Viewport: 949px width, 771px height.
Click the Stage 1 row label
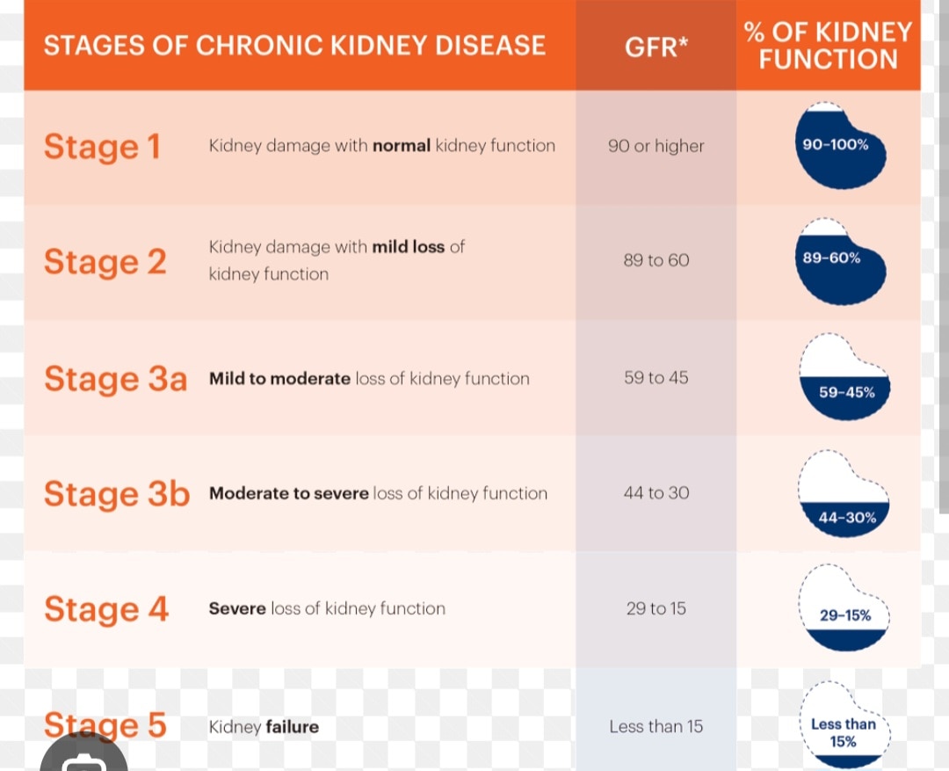click(x=102, y=147)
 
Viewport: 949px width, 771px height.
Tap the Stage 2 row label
click(x=105, y=262)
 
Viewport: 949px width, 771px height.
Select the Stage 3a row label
click(x=115, y=379)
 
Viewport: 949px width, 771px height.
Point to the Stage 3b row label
click(x=116, y=494)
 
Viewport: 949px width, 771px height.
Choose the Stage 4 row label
click(x=105, y=609)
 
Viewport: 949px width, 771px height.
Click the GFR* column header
click(x=656, y=47)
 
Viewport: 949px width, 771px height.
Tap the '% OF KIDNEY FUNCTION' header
click(x=828, y=46)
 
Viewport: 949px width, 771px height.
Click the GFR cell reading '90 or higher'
click(x=656, y=146)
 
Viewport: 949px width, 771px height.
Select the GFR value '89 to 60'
click(x=656, y=260)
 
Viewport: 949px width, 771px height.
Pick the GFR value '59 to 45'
click(x=656, y=378)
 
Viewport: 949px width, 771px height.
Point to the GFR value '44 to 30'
click(x=656, y=493)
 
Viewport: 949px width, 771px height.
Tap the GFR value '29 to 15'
click(x=656, y=608)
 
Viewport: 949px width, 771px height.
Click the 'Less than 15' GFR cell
click(x=656, y=726)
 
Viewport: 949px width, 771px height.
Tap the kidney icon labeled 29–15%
click(x=844, y=609)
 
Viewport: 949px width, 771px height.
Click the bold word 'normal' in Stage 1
click(x=402, y=146)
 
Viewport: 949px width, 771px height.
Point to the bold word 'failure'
click(x=292, y=727)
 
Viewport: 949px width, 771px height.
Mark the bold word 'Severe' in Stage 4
click(x=237, y=608)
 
